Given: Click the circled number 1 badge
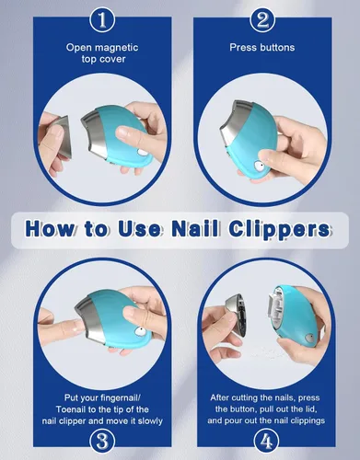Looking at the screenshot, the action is point(102,20).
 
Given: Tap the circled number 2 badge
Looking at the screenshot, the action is point(262,20).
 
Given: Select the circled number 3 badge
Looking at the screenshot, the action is point(102,442).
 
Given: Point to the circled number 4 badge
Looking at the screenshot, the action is point(266,442).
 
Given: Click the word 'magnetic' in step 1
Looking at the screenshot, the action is point(116,48).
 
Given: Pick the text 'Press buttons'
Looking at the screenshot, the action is point(262,47).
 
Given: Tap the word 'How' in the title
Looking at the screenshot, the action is point(50,229).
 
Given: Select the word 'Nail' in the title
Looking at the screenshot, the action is point(195,228).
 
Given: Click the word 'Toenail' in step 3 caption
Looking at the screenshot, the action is point(72,409).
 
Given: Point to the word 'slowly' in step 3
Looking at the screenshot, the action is point(150,421).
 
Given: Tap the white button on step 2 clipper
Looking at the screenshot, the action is point(259,167).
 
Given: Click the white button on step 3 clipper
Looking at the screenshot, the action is point(140,331).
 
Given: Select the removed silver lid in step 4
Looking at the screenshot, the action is point(235,316).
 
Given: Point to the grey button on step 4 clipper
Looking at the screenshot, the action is point(309,339).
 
